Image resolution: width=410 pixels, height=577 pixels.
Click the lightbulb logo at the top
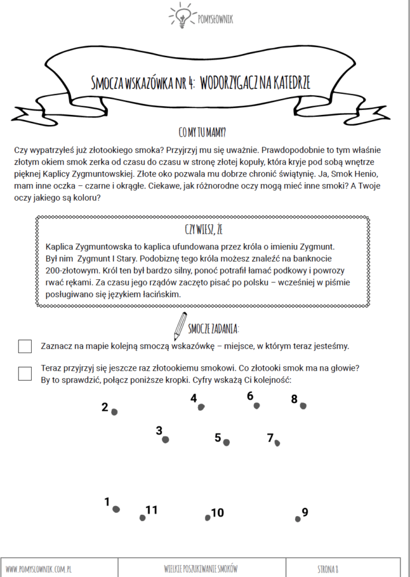pos(182,16)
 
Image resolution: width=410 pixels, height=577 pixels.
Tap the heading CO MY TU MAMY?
pos(202,132)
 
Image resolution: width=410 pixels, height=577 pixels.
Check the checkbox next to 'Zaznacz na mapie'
pos(25,346)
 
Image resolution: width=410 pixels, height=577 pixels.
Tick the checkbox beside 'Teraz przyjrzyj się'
pos(25,373)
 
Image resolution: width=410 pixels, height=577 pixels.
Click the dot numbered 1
pos(116,509)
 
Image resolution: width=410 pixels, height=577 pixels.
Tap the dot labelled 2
pos(114,412)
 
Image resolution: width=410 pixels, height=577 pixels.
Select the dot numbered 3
pos(165,440)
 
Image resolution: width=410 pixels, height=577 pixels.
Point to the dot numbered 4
pos(201,407)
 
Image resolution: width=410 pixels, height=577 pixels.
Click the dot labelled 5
pos(226,443)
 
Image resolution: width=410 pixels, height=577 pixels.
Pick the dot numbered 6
pos(257,405)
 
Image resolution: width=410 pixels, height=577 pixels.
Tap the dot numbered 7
pos(277,443)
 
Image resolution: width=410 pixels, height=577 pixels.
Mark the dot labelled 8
pos(303,406)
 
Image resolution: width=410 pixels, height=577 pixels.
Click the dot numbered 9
pos(298,519)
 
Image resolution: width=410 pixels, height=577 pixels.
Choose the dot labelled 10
pos(207,517)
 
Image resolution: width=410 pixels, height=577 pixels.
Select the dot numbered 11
pos(142,517)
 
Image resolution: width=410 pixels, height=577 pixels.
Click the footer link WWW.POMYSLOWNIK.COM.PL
pos(40,568)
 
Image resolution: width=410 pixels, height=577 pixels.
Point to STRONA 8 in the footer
pos(327,568)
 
